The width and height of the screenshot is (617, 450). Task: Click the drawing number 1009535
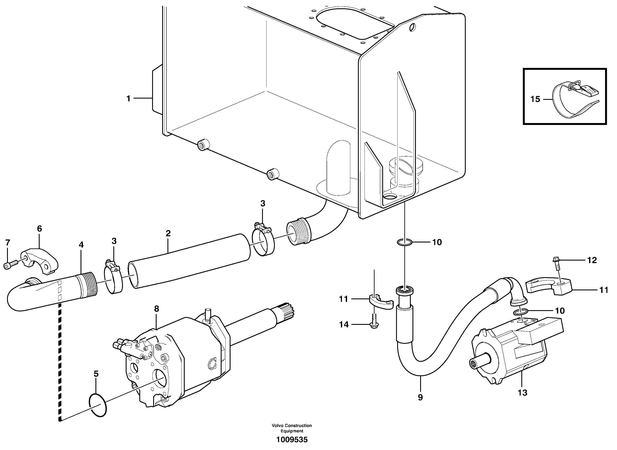point(292,440)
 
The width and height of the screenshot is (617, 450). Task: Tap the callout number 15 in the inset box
point(535,99)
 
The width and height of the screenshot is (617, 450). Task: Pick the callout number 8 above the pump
point(156,309)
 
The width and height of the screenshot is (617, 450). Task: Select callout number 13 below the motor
point(523,393)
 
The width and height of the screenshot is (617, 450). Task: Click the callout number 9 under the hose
point(420,397)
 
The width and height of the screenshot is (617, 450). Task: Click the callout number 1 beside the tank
point(128,99)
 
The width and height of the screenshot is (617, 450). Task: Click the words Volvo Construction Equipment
point(292,428)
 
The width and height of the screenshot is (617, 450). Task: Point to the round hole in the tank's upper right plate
point(413,27)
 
